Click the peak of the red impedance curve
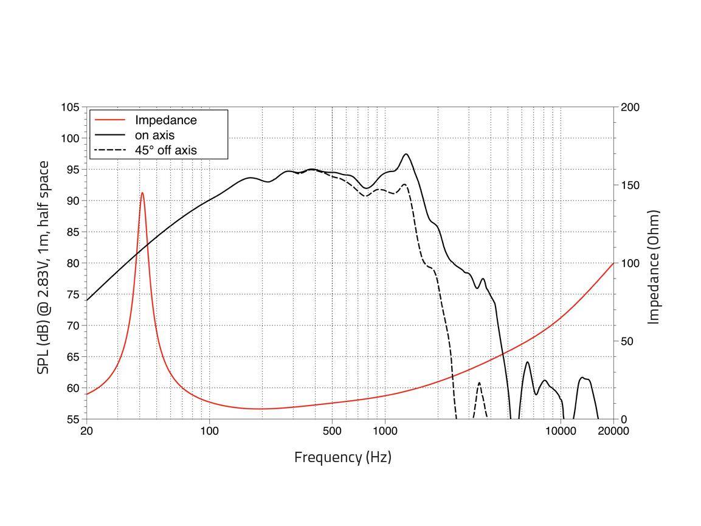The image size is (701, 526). pyautogui.click(x=142, y=193)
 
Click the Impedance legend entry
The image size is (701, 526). pyautogui.click(x=165, y=120)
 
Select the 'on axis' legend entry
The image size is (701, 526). pyautogui.click(x=154, y=135)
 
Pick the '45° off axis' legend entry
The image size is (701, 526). pyautogui.click(x=165, y=150)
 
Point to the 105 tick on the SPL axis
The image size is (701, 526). pyautogui.click(x=70, y=108)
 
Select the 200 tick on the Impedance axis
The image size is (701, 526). pyautogui.click(x=630, y=108)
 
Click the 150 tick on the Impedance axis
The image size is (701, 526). pyautogui.click(x=630, y=185)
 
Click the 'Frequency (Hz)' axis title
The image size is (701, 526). pyautogui.click(x=342, y=457)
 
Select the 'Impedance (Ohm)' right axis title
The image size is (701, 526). pyautogui.click(x=654, y=268)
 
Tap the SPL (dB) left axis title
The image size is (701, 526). pyautogui.click(x=43, y=268)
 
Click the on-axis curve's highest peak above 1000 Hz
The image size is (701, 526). pyautogui.click(x=406, y=154)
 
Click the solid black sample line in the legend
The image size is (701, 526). pyautogui.click(x=111, y=135)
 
